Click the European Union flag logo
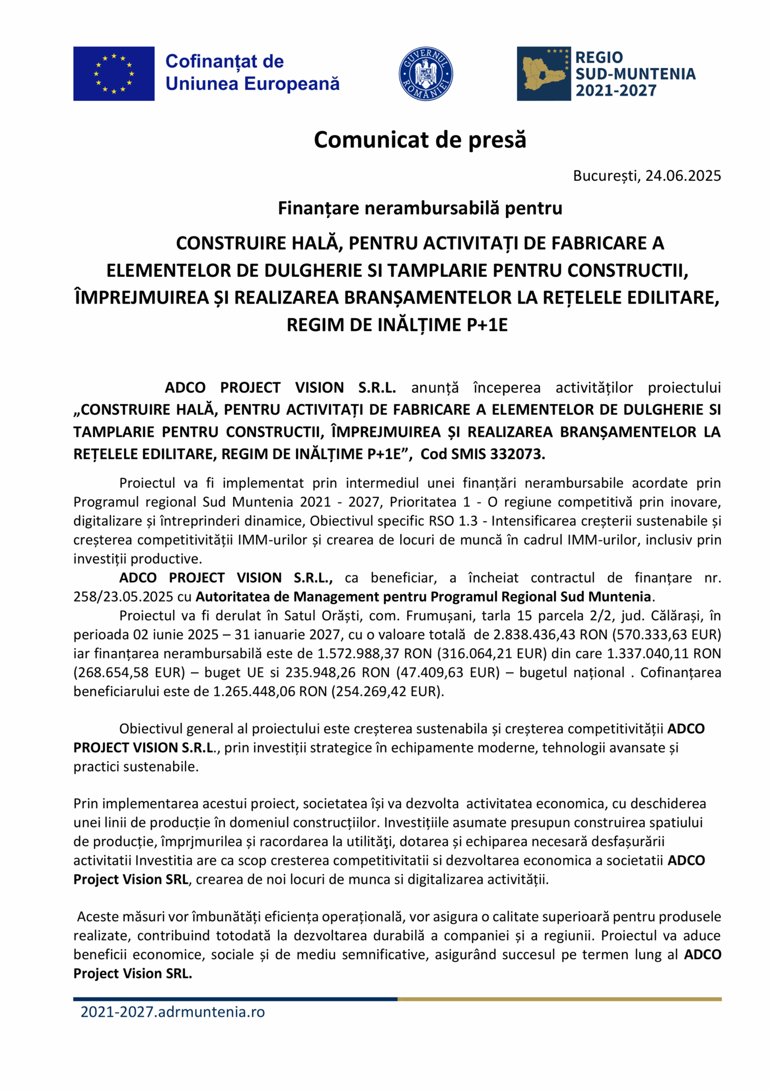pos(114,74)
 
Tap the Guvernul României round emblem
pos(426,74)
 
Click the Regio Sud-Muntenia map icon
pos(543,74)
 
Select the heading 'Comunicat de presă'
pos(420,140)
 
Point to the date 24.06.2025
pos(683,176)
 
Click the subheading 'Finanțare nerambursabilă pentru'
pos(420,208)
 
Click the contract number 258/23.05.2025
pos(124,596)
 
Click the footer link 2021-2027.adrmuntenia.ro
pos(173,1012)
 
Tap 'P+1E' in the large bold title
pos(487,325)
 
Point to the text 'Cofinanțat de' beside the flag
pos(224,62)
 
